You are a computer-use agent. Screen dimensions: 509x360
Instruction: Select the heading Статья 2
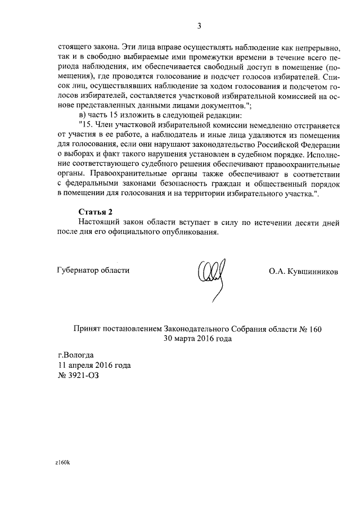[x=95, y=211]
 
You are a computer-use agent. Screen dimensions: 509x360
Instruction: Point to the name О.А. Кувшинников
[x=304, y=271]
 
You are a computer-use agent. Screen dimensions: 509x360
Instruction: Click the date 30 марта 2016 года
[x=197, y=339]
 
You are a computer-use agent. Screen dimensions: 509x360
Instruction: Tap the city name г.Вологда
[x=76, y=355]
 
